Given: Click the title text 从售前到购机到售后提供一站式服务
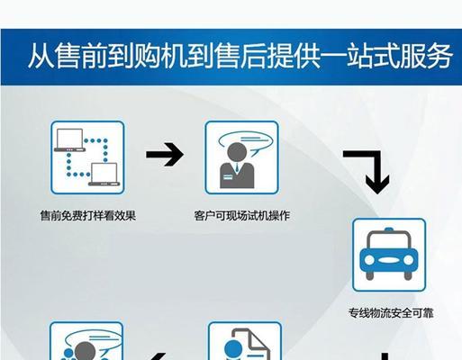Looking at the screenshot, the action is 240,56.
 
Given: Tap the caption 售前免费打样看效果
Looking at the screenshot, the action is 88,216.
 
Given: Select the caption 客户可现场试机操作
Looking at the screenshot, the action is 242,216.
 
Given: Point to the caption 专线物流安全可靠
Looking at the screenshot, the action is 391,313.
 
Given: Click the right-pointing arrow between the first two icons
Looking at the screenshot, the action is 165,155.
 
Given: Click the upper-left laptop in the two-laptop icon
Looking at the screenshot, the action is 69,140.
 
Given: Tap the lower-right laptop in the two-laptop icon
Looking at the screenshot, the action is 104,175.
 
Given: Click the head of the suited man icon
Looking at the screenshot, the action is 237,153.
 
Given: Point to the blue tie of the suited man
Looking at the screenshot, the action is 237,168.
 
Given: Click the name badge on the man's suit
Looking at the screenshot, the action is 227,177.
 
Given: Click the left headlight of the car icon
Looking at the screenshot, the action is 369,260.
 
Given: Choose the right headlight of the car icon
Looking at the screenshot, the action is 409,260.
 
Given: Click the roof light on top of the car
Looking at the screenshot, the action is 389,229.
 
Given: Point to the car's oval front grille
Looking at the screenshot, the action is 389,260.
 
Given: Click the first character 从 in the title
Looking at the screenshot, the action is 41,56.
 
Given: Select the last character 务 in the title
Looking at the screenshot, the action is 439,56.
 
